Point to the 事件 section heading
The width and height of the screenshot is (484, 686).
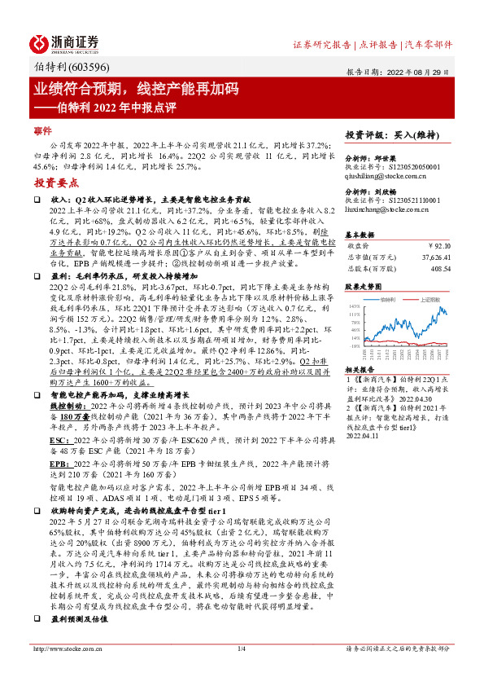pyautogui.click(x=42, y=130)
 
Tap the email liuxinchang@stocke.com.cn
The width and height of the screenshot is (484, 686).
pyautogui.click(x=390, y=209)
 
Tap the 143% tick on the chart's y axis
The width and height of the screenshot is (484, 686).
pyautogui.click(x=355, y=305)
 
